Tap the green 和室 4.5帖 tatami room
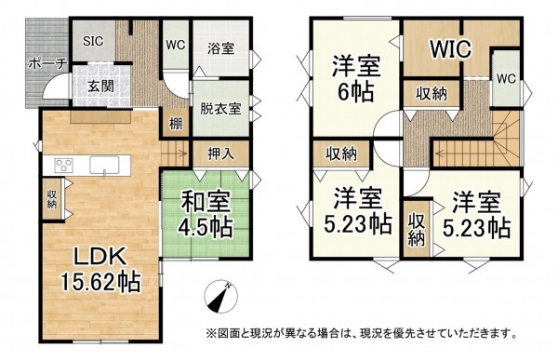coord(198,210)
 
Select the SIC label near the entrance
coord(94,42)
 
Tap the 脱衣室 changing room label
coord(220,107)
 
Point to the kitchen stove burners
coord(64,166)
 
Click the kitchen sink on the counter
coord(104,166)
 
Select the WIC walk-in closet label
coord(450,47)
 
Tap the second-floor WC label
coord(506,78)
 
